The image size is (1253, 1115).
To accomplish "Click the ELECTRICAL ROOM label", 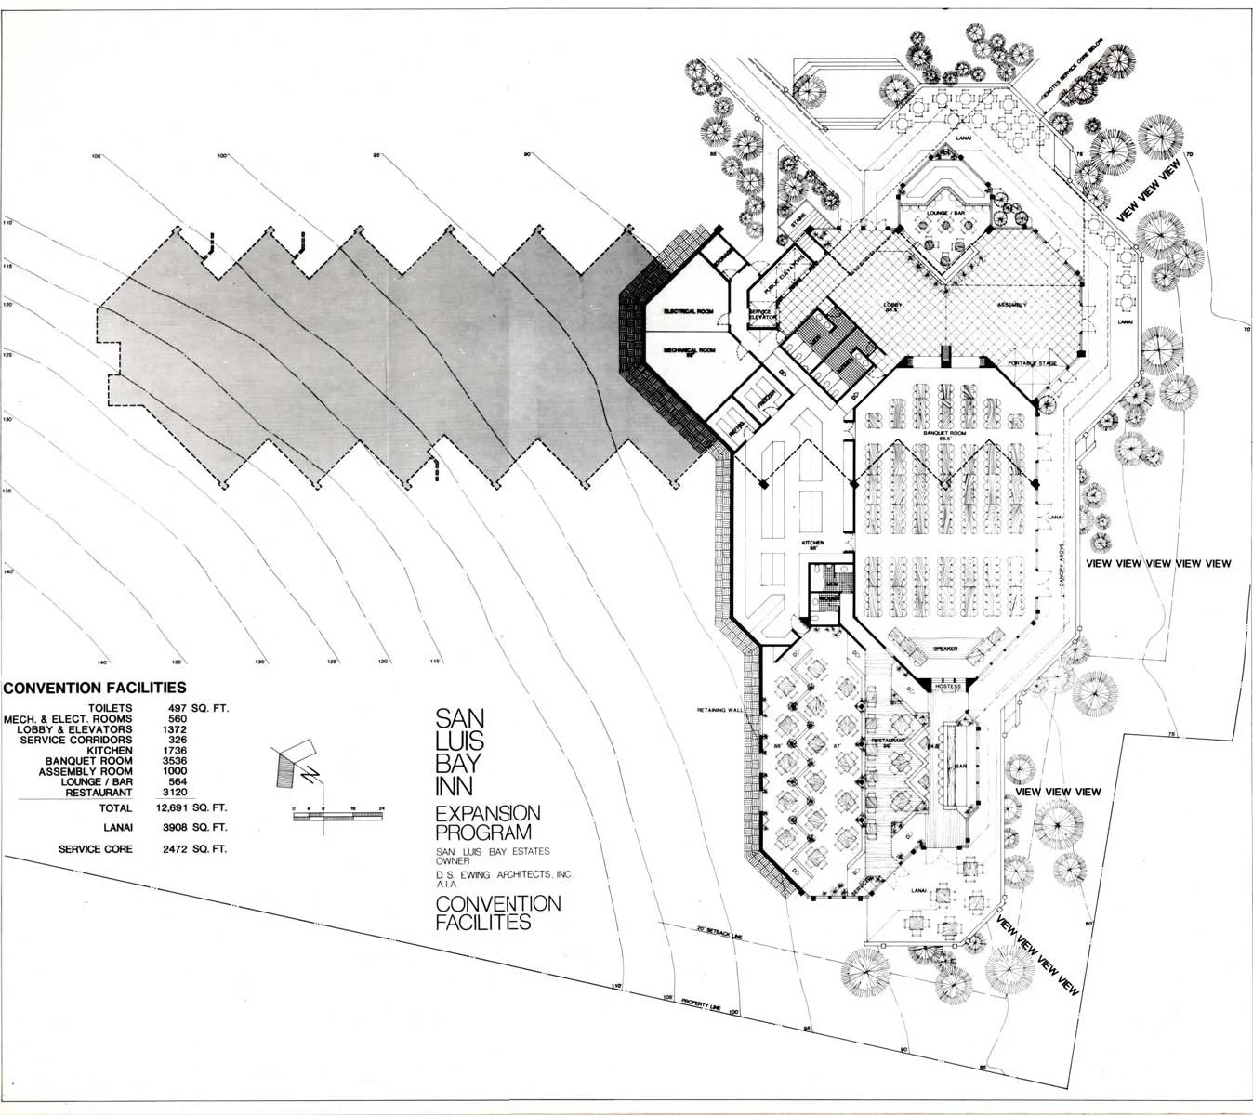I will [687, 310].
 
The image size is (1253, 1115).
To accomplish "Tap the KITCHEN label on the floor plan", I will [813, 543].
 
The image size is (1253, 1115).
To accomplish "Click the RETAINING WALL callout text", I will [723, 710].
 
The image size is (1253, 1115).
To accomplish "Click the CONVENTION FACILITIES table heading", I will [95, 689].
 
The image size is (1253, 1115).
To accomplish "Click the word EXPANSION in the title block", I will [487, 813].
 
